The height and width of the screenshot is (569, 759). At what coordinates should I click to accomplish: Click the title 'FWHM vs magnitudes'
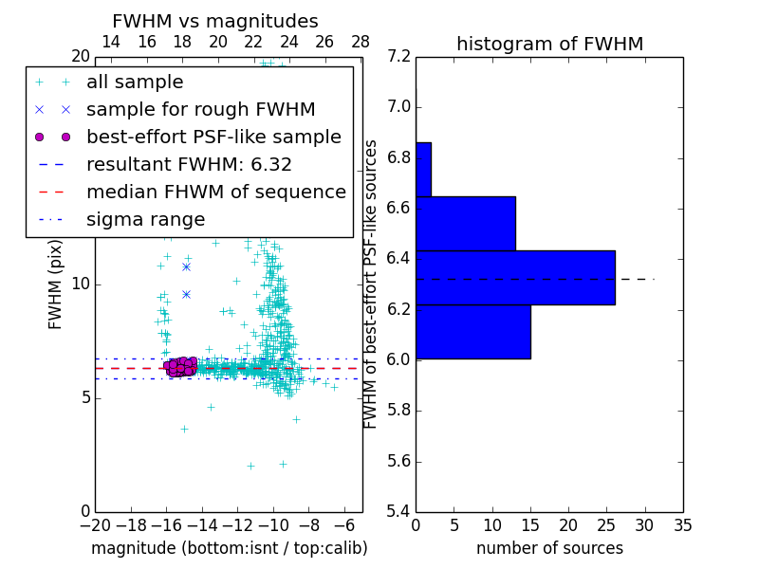point(215,21)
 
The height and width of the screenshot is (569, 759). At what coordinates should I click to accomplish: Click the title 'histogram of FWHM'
point(549,44)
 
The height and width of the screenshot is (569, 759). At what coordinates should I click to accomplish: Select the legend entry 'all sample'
point(135,83)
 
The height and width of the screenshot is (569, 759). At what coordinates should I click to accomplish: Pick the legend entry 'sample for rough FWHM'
point(200,109)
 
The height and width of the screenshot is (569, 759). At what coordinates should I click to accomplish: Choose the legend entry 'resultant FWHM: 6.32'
point(189,164)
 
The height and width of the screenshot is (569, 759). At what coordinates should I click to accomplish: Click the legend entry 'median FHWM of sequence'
point(215,192)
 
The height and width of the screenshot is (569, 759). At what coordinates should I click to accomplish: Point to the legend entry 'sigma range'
point(145,219)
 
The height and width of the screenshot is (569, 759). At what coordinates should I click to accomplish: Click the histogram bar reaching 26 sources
point(515,278)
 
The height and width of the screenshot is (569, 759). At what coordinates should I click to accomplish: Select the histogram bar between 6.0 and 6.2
point(473,332)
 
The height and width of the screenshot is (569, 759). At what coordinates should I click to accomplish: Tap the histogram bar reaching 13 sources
point(466,223)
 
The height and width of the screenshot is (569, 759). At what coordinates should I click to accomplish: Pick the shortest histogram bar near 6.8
point(423,169)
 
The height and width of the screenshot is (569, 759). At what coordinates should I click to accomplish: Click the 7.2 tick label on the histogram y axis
point(399,56)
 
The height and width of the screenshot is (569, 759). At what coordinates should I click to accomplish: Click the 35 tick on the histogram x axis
point(682,524)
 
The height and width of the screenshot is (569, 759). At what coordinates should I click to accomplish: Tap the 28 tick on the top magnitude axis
point(361,42)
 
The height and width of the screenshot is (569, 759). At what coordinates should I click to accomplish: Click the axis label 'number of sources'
point(549,548)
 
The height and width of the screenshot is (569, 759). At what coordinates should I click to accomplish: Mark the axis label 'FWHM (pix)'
point(56,284)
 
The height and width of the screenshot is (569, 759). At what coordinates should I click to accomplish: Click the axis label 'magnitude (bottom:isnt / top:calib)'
point(229,548)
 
